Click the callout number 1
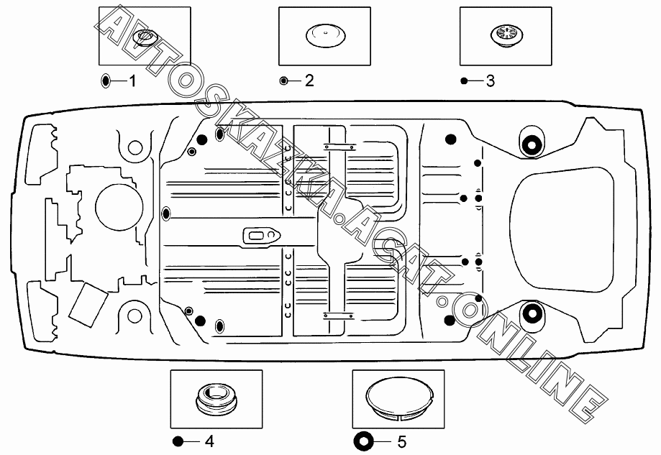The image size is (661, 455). point(132,81)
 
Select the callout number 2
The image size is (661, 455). point(309,81)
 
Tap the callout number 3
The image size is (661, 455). point(491,81)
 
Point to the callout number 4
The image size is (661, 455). point(209,441)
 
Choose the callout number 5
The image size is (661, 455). point(402,442)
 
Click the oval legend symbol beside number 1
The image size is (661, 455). point(106,81)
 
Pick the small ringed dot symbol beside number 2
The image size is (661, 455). point(283,81)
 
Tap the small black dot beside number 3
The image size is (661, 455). point(464,81)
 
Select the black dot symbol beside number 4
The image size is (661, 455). point(178,441)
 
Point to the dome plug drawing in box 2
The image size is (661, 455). point(325,35)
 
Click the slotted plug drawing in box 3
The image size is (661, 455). point(506,35)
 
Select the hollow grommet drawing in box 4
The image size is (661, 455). point(216,398)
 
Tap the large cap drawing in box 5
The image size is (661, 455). point(398,400)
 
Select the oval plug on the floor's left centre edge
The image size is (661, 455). point(166,214)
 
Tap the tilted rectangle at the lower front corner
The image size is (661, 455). point(88,305)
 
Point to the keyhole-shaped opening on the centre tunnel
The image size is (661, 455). point(262,235)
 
